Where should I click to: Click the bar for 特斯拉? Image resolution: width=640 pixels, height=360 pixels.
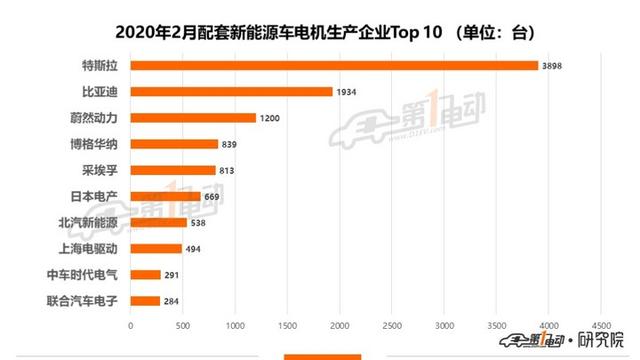click(x=335, y=66)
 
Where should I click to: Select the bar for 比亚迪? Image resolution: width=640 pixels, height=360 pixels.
click(x=231, y=92)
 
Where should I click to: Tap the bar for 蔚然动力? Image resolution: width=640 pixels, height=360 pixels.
click(x=193, y=118)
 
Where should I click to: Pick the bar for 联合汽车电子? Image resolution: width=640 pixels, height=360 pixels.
click(x=145, y=300)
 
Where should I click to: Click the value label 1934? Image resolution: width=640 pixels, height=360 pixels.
click(x=347, y=92)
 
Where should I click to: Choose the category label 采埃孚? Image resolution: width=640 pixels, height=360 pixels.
click(x=98, y=170)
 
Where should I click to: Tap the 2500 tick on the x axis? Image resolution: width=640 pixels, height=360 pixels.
click(x=391, y=325)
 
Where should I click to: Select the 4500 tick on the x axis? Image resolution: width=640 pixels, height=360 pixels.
click(x=600, y=325)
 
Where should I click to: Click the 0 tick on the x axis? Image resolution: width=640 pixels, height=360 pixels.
click(x=130, y=325)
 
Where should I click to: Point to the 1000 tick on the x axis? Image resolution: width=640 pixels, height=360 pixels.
click(x=234, y=325)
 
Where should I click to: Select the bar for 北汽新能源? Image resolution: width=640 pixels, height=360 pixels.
click(x=158, y=222)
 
